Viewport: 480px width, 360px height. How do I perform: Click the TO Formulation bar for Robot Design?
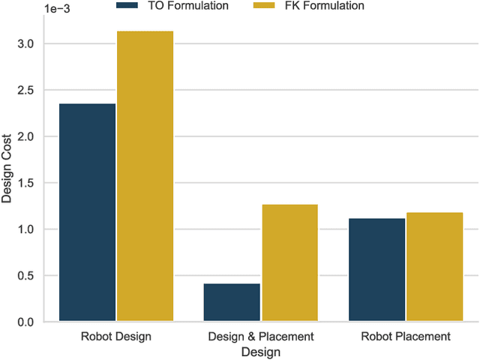tap(87, 213)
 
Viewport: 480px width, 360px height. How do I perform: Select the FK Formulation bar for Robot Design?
tap(145, 176)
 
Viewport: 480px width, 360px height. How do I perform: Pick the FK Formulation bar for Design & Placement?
tap(289, 262)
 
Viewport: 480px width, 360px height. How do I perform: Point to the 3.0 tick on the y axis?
tap(26, 44)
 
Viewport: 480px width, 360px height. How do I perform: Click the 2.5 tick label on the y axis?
tap(26, 91)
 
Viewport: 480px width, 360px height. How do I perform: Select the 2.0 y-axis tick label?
tap(26, 136)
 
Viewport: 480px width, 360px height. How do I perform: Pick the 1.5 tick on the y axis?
tap(26, 183)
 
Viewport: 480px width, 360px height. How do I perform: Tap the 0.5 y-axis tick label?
tap(26, 275)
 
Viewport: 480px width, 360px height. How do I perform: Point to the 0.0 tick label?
tap(26, 322)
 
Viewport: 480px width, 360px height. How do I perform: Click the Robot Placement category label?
tap(405, 337)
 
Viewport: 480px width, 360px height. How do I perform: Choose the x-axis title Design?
tap(260, 352)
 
